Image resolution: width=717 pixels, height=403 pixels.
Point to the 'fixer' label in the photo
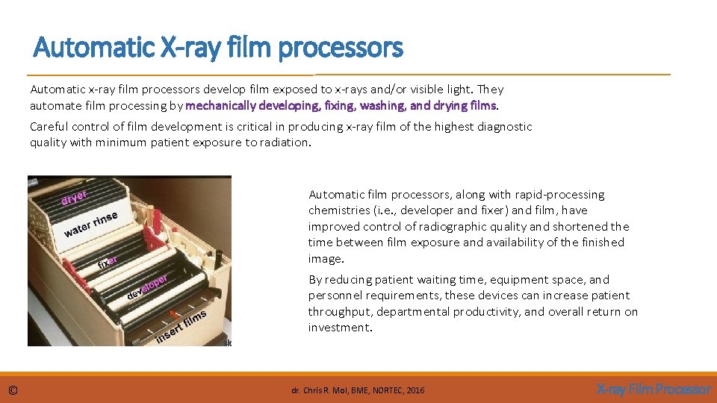(108, 263)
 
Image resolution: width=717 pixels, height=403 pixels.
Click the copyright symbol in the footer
(13, 390)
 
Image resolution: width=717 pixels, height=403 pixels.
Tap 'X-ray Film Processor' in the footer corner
(654, 389)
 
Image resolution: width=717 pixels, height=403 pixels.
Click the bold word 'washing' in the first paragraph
(384, 105)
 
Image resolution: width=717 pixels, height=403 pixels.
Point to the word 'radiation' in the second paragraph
(282, 143)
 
